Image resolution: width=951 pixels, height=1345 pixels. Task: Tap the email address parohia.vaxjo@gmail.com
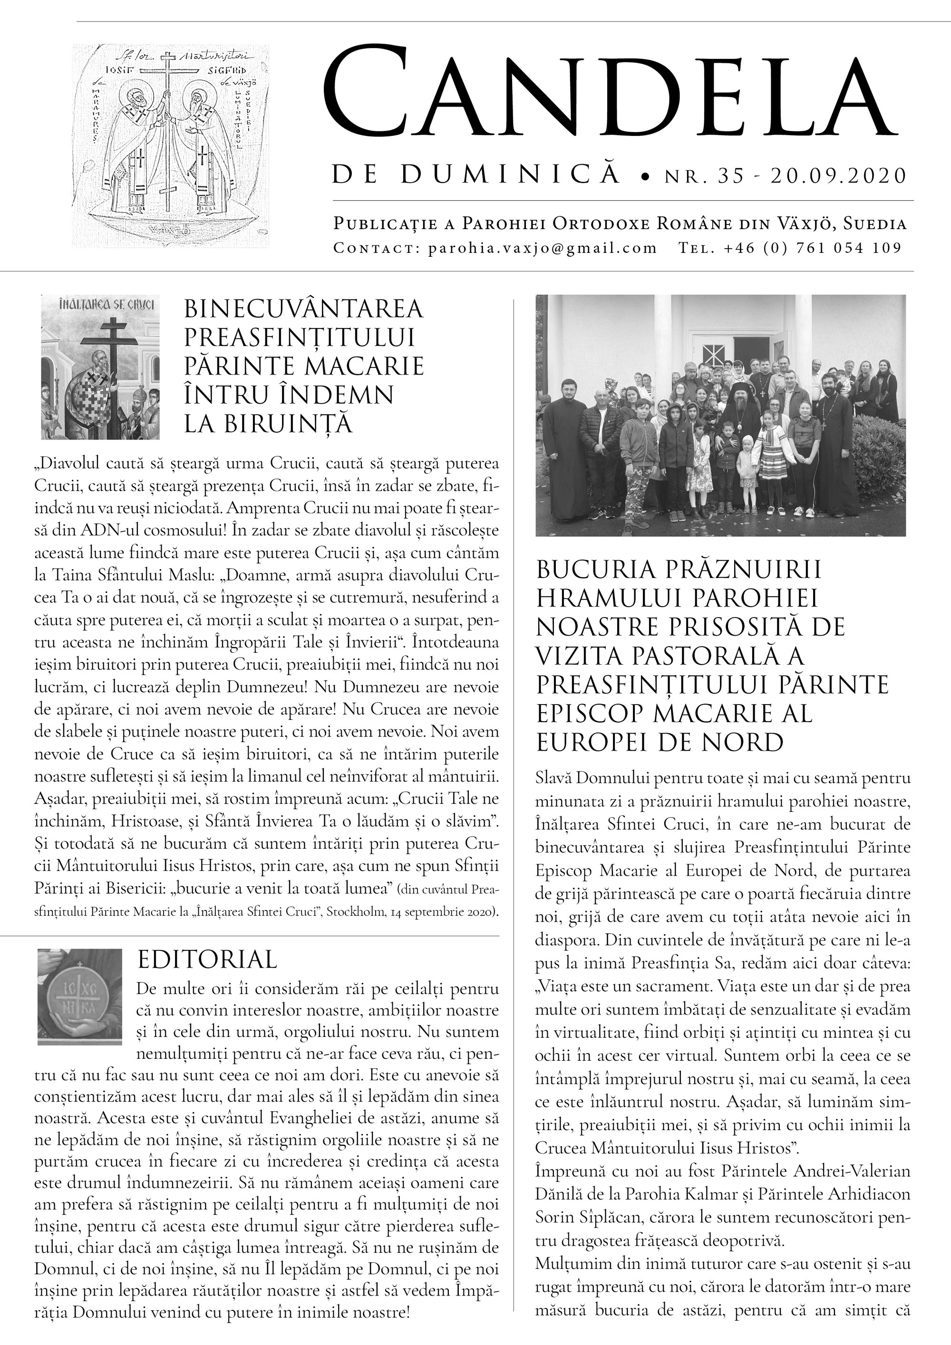(x=543, y=248)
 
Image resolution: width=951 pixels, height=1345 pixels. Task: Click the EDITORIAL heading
(x=207, y=959)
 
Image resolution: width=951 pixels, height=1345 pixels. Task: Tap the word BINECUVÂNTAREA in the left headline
(x=303, y=308)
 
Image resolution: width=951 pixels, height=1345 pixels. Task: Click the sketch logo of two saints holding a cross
(x=171, y=146)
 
